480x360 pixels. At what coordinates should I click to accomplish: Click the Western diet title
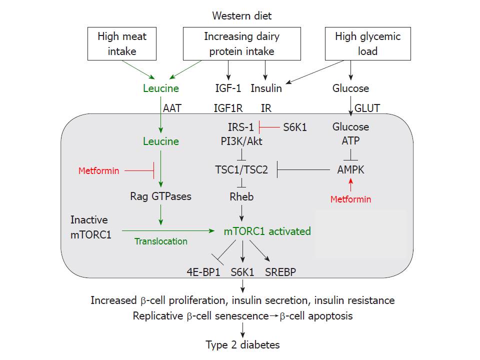242,15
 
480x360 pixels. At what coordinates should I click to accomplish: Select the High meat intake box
122,43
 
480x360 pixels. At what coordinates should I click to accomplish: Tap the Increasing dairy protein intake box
242,43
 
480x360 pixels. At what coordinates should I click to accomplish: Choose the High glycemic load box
367,43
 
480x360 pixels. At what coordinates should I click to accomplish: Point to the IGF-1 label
228,88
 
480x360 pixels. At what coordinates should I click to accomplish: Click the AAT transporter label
172,108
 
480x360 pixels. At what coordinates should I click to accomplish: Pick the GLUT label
367,108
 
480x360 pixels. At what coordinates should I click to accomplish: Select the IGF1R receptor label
228,108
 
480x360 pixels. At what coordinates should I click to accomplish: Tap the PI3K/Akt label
241,141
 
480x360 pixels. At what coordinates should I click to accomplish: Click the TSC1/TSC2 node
241,169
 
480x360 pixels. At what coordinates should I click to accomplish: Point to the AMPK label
351,169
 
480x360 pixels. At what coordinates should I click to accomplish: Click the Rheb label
241,196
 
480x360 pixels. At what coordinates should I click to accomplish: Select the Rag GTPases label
160,196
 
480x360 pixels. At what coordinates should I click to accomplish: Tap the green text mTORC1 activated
267,231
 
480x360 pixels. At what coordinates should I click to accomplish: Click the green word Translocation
160,241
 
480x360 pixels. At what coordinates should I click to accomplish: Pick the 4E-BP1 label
203,272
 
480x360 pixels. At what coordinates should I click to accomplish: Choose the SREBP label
280,272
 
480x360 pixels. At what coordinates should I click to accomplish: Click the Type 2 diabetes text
242,344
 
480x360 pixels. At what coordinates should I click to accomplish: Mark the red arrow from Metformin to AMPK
351,185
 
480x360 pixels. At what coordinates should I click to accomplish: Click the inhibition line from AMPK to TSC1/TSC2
303,169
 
